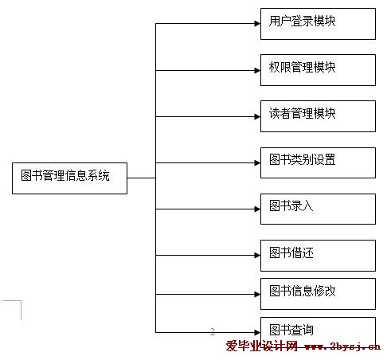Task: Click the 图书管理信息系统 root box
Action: pos(69,178)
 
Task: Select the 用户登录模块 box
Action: pos(318,24)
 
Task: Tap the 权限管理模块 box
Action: pos(318,70)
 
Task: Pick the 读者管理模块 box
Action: pos(318,116)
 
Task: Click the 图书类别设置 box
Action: pos(318,162)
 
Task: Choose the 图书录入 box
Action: pos(318,209)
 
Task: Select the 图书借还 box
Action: pos(318,256)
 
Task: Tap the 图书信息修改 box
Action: pos(318,294)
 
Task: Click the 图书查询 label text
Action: pos(291,330)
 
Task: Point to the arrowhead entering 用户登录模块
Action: pos(257,24)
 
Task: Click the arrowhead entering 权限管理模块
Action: pos(257,70)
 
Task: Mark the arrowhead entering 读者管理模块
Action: pos(257,116)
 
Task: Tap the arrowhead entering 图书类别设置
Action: pos(257,162)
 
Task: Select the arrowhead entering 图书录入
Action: pos(257,209)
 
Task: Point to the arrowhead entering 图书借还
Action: pos(257,256)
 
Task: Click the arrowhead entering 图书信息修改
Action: pos(257,294)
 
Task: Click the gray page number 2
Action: pos(213,331)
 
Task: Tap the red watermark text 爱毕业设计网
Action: pos(262,346)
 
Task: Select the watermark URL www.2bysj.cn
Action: pos(342,346)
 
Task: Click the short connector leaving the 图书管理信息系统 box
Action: pos(142,178)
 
